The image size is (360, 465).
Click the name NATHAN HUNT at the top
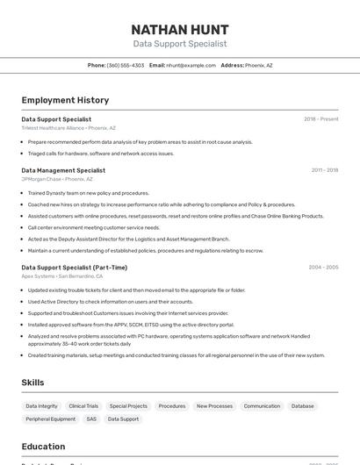click(x=180, y=30)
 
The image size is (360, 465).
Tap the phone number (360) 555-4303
click(x=126, y=65)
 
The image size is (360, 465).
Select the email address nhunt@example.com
click(x=191, y=65)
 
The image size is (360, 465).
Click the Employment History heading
click(x=65, y=100)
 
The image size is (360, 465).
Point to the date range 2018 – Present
click(x=320, y=119)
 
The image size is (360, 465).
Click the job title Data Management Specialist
click(x=63, y=170)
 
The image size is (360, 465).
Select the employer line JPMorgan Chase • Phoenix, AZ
click(x=57, y=179)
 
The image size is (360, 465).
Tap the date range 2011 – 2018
click(x=324, y=170)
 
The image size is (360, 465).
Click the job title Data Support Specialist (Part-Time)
click(x=74, y=268)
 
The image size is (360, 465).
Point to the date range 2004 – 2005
click(x=323, y=268)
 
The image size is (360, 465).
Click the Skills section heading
click(x=33, y=383)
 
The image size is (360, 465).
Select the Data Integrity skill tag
click(x=41, y=406)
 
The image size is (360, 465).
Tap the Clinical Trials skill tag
click(x=83, y=406)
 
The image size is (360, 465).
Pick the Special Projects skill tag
click(x=128, y=406)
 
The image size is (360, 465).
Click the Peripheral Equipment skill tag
click(x=50, y=419)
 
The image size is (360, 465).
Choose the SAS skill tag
click(x=91, y=419)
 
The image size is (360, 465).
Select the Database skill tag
click(x=302, y=406)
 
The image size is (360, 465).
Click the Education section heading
click(x=43, y=446)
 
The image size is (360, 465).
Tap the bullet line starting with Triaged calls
click(x=100, y=154)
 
